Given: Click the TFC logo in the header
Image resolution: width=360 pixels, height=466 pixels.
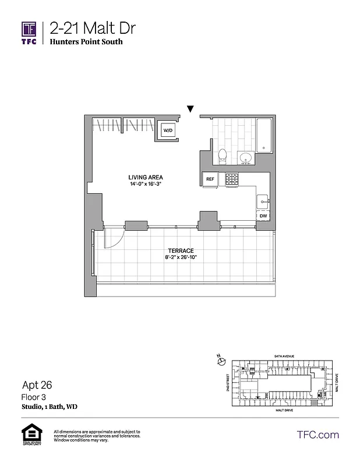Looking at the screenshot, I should pyautogui.click(x=30, y=33).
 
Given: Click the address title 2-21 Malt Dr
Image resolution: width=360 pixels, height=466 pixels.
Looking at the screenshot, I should pyautogui.click(x=86, y=28).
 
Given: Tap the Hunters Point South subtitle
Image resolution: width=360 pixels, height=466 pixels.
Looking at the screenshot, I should pyautogui.click(x=86, y=42).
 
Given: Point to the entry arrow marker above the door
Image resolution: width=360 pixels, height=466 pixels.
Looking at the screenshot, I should pyautogui.click(x=190, y=108).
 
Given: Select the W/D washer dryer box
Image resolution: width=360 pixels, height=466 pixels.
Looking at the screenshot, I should pyautogui.click(x=168, y=130).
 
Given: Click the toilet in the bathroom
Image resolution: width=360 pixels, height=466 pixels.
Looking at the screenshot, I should pyautogui.click(x=222, y=155).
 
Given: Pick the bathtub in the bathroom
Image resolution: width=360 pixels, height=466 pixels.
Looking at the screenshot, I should pyautogui.click(x=264, y=136).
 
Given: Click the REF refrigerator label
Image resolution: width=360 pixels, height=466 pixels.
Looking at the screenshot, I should pyautogui.click(x=210, y=179).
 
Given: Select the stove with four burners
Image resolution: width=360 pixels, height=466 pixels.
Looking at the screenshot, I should pyautogui.click(x=232, y=179).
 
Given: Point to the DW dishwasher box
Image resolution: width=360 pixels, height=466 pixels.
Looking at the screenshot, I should pyautogui.click(x=264, y=216).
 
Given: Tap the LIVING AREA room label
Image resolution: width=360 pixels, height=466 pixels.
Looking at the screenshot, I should pyautogui.click(x=146, y=177).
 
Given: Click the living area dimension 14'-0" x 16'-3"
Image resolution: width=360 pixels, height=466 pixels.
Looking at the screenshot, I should pyautogui.click(x=146, y=184).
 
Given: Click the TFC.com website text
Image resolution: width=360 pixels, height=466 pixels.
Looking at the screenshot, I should pyautogui.click(x=317, y=435).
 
